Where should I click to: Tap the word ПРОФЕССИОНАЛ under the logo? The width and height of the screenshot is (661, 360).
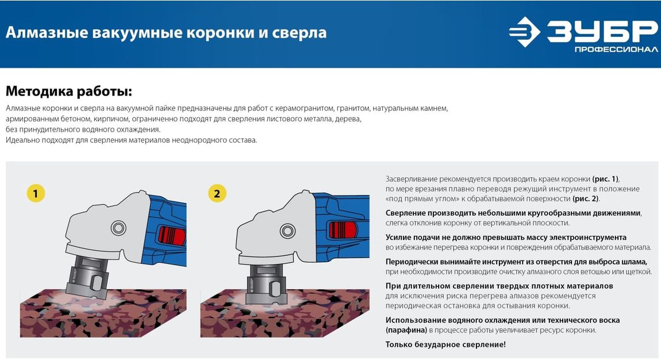pos(616,50)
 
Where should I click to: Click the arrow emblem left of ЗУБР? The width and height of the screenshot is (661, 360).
pos(524,32)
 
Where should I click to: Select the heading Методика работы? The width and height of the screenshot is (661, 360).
pos(69,91)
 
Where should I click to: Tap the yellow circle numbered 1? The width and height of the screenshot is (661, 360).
pos(36,194)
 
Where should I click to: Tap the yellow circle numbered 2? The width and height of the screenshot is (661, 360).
pos(217,194)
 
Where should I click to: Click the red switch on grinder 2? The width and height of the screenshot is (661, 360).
pos(343,231)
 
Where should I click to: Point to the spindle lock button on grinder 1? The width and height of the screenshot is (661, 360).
pos(119,228)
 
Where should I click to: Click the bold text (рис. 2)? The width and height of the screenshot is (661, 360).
pos(586,198)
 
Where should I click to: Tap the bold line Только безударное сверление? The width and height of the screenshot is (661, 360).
pos(445,344)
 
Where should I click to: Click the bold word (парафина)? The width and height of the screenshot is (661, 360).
pos(406,330)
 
